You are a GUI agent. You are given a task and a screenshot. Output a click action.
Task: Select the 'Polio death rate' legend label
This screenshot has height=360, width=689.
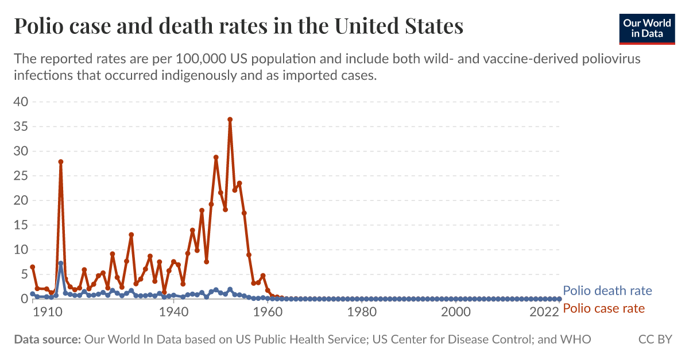coord(607,291)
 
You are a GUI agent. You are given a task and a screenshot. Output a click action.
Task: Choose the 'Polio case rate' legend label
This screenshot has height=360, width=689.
coord(603,308)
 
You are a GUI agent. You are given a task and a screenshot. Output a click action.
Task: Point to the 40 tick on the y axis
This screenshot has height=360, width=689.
coord(21,102)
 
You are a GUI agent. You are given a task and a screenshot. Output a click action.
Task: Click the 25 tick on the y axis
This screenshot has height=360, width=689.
coord(21,176)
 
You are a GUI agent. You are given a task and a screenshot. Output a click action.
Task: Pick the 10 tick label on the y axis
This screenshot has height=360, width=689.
coord(21,250)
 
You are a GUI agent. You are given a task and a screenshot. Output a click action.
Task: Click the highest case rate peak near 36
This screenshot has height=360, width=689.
coord(230,119)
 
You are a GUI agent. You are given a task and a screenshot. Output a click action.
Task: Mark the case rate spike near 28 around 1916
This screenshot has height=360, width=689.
coord(61,162)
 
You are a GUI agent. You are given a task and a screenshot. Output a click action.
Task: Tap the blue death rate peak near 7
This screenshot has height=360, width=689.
coord(61,264)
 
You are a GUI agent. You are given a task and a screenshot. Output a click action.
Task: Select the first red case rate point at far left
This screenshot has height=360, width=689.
coord(33,267)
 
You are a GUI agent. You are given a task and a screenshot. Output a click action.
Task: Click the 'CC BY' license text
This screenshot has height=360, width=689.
coord(655,340)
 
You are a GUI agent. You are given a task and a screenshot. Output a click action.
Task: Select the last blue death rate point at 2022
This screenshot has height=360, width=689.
coord(559,299)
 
